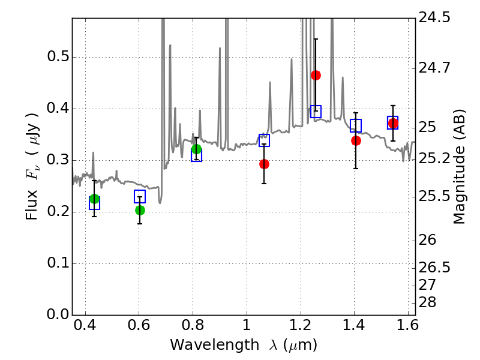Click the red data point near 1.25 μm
tap(316, 76)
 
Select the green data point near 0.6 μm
tap(140, 211)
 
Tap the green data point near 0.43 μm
tap(95, 199)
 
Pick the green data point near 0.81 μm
tap(197, 149)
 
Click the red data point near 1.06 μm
tap(264, 164)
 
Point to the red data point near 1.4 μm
tap(356, 141)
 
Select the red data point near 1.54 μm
tap(393, 124)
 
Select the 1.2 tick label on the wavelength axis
tap(301, 325)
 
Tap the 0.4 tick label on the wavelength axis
tap(85, 325)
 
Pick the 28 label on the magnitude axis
tap(427, 302)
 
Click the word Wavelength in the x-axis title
tap(214, 345)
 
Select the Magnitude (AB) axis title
tap(459, 167)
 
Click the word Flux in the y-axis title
tap(31, 205)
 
